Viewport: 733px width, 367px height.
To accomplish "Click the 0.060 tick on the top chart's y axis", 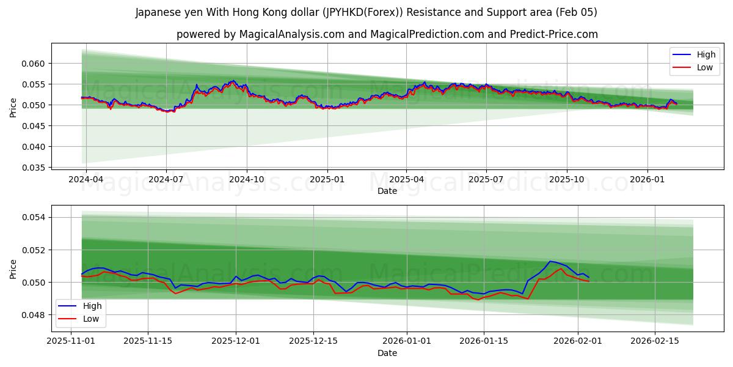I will tap(33, 64).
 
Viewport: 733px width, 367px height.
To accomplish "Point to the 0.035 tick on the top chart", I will tap(33, 168).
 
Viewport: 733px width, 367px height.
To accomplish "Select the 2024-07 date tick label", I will tap(166, 180).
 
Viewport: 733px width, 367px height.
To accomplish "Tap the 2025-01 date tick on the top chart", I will tap(327, 180).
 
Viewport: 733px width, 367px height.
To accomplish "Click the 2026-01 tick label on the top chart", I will tap(647, 180).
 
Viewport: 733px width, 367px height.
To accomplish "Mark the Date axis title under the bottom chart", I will tap(387, 353).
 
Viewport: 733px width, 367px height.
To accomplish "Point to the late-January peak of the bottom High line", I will tap(550, 261).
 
